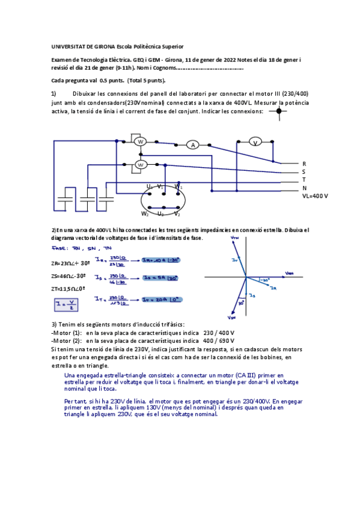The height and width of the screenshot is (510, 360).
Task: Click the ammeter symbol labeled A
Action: (x=192, y=145)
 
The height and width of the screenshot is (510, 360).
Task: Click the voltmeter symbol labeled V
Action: (x=255, y=143)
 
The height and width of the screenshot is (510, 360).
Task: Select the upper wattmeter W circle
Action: (x=140, y=141)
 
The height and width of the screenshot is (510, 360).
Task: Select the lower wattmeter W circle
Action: (x=141, y=164)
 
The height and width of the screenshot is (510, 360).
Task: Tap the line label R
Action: (x=304, y=164)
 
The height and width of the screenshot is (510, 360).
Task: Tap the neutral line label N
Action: (x=304, y=188)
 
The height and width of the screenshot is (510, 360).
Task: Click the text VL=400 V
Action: (x=315, y=197)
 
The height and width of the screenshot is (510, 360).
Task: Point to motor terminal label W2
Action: (x=145, y=214)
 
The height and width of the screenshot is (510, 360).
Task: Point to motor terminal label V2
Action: (x=177, y=214)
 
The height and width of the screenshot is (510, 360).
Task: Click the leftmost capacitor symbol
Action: (x=64, y=197)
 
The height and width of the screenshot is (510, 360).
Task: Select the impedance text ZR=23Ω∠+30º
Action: (x=71, y=263)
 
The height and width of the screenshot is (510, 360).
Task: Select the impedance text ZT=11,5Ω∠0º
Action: (x=69, y=289)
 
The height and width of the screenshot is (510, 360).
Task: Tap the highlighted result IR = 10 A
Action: (x=159, y=260)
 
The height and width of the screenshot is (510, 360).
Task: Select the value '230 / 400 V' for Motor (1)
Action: (x=219, y=333)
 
